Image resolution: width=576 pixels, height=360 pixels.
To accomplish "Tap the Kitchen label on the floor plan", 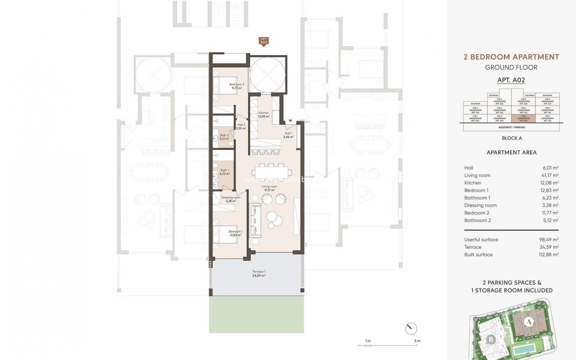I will (263, 113).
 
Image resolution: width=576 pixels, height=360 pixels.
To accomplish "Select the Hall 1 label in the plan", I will (288, 133).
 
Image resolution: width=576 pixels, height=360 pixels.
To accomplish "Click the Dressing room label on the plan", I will (231, 198).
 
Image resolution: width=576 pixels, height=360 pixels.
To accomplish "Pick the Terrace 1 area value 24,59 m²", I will (259, 275).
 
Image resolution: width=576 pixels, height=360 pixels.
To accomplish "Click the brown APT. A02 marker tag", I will (264, 41).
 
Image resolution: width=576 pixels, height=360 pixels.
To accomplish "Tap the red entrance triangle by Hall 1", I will (290, 121).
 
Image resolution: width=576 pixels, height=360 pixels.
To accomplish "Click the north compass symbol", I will (411, 329).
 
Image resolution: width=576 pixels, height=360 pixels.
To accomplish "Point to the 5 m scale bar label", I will (417, 341).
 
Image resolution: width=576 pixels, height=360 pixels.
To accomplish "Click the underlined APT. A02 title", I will (511, 80).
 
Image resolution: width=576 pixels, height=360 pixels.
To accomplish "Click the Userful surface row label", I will (481, 240).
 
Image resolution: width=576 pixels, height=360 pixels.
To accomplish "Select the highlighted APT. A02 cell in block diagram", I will (523, 118).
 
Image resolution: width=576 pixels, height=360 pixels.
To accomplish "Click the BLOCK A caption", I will (512, 138).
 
